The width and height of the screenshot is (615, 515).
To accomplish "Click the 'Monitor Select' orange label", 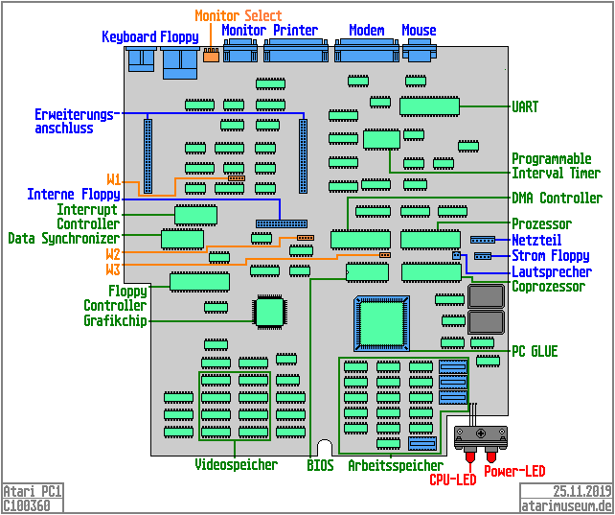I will [x=239, y=15].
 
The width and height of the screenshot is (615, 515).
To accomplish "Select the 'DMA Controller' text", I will [x=557, y=199].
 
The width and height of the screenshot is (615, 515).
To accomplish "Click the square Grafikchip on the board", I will [x=269, y=311].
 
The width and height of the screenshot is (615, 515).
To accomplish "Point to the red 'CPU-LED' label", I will [x=452, y=480].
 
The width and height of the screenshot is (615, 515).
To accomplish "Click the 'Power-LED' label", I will [x=514, y=471].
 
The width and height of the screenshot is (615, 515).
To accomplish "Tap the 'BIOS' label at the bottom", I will [x=320, y=465].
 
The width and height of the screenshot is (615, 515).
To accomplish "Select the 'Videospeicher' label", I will [x=235, y=465].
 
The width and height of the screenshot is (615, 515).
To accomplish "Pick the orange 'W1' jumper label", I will [x=113, y=180].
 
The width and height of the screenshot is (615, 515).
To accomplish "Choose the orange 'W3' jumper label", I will [x=113, y=270].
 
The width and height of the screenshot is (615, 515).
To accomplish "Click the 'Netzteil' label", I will [x=536, y=240].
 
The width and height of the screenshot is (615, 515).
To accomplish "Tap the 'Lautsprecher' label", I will [x=552, y=271].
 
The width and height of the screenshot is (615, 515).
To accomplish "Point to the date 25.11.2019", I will [x=581, y=491].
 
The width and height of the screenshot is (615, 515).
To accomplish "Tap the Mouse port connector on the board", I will [x=420, y=53].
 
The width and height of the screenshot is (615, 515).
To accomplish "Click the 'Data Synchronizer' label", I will [x=63, y=238].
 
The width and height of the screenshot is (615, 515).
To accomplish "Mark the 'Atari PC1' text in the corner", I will [x=33, y=491].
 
